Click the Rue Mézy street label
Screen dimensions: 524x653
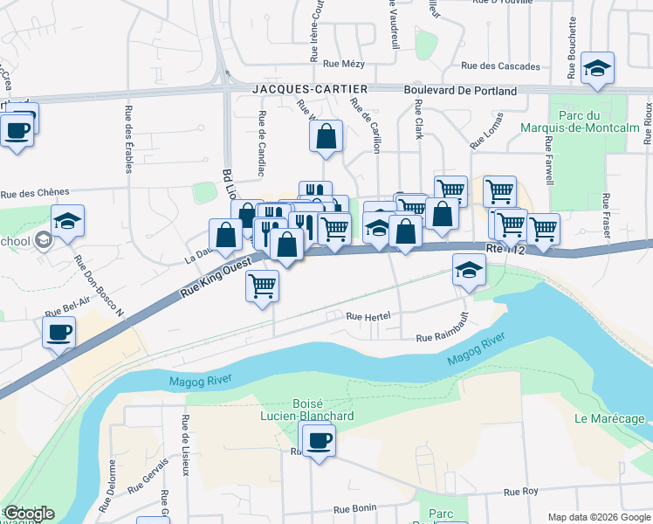(x=342, y=63)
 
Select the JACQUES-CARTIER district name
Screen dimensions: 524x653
(x=309, y=89)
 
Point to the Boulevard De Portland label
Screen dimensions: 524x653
(x=460, y=90)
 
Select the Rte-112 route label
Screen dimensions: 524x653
(x=507, y=249)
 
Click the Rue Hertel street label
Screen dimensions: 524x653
(x=367, y=317)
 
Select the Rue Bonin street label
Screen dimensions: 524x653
(x=354, y=508)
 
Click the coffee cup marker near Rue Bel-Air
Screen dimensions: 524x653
(x=58, y=333)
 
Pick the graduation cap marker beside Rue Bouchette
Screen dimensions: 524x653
(x=597, y=68)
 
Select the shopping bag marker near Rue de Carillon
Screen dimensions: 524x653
(x=326, y=136)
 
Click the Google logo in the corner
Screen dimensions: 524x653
(x=29, y=514)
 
